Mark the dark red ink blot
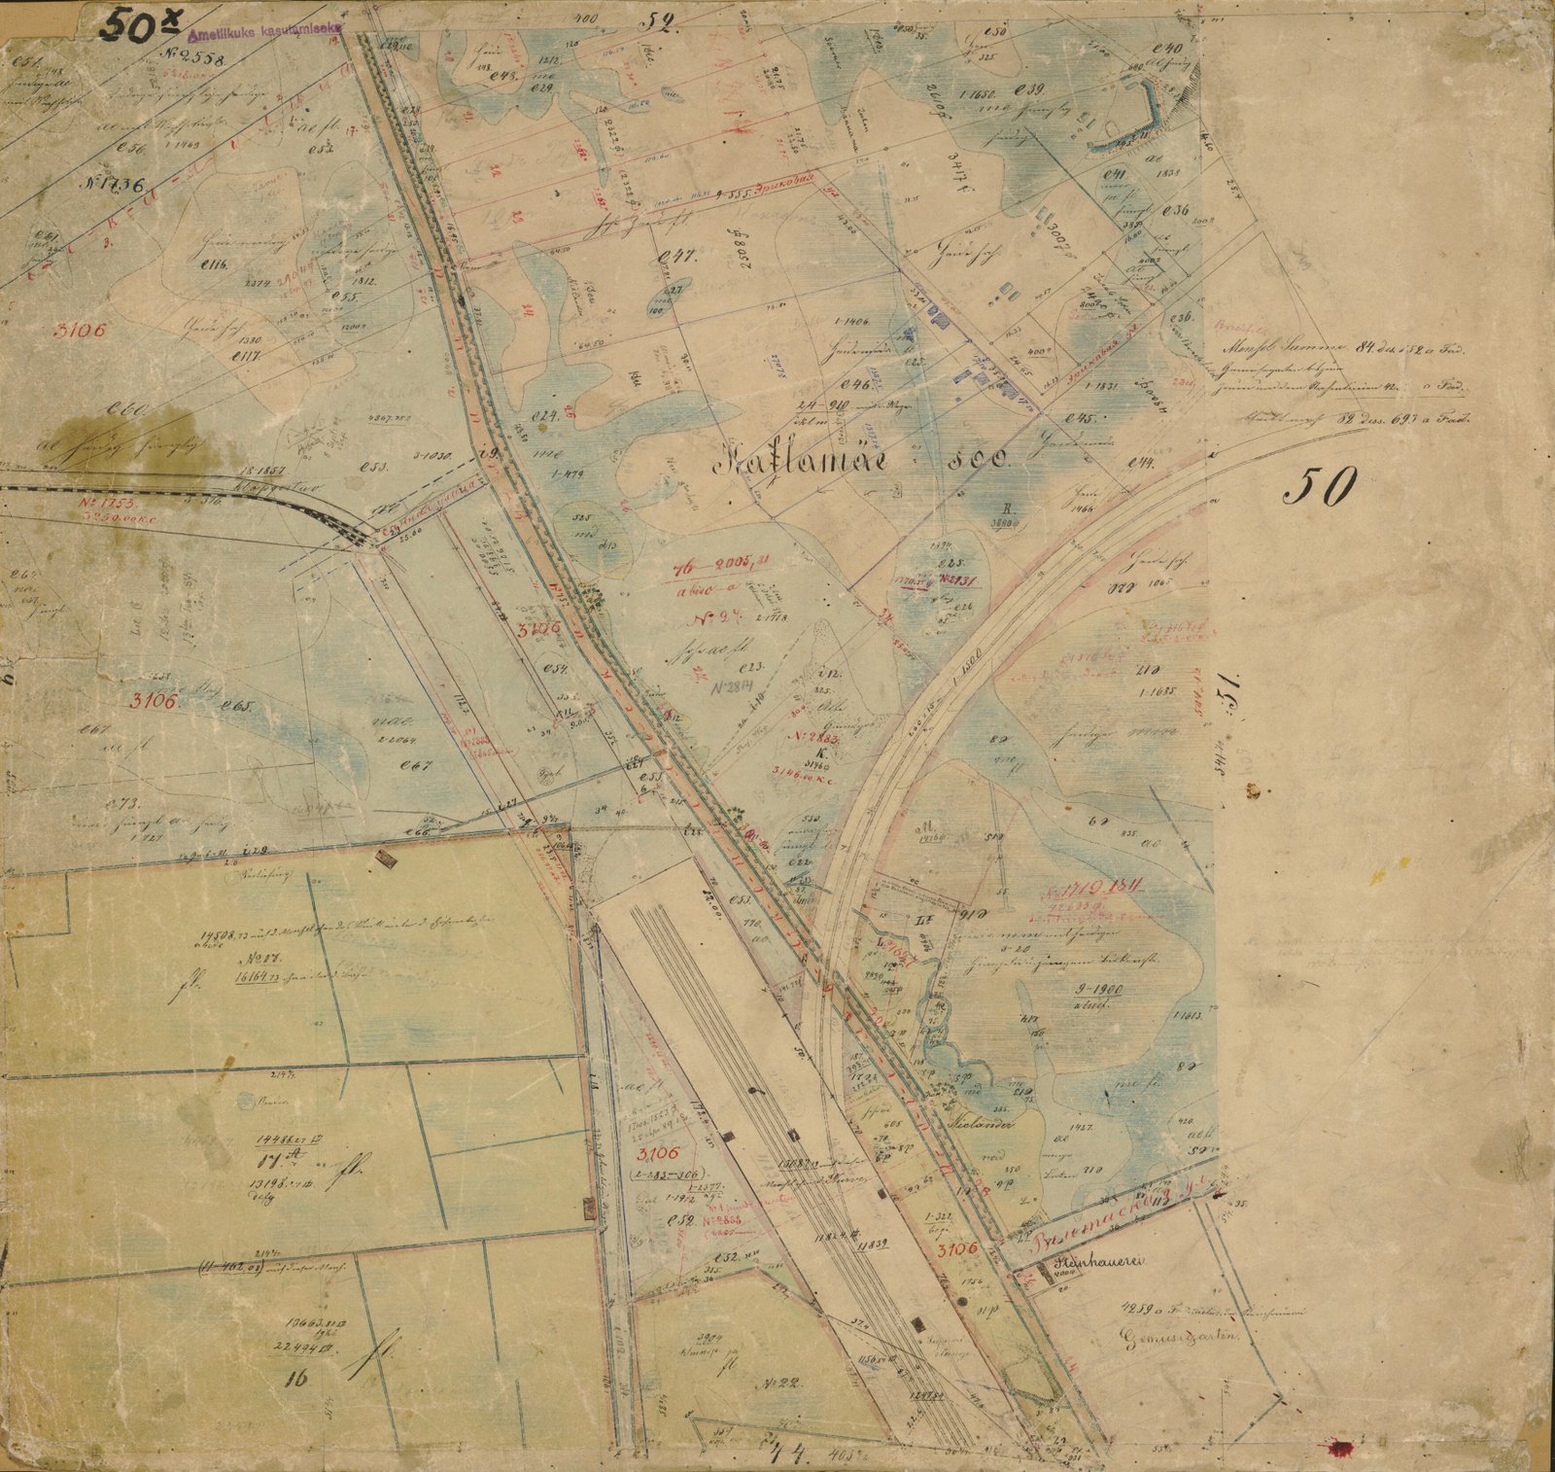1345,1450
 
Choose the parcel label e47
673,257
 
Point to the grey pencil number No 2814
736,687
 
